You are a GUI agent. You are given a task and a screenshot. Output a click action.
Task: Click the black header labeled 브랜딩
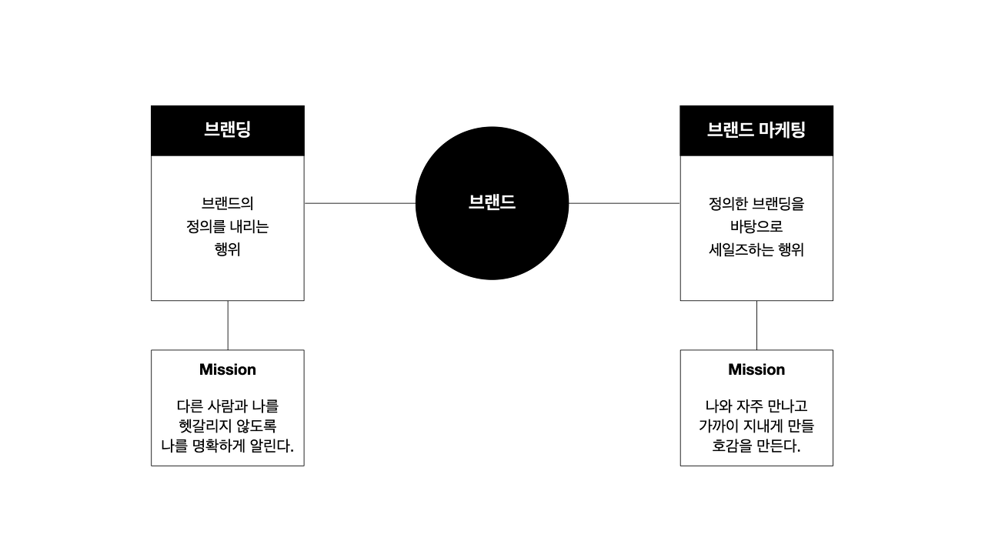pos(227,131)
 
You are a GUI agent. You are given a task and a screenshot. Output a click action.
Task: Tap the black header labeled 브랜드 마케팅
pos(756,131)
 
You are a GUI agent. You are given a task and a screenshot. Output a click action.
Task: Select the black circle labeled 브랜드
pos(492,203)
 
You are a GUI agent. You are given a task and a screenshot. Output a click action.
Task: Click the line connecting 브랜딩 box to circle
pos(359,203)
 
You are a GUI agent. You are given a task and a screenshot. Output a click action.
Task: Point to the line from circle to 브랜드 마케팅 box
pos(624,203)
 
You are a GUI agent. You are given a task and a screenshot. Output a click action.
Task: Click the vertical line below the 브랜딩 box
pos(228,326)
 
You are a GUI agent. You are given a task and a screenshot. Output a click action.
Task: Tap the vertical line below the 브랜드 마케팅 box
pos(756,326)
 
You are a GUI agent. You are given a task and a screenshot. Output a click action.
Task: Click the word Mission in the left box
pos(227,369)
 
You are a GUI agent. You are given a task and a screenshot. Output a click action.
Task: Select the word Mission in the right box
pos(756,369)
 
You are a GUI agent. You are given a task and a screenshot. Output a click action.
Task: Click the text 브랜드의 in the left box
pos(227,203)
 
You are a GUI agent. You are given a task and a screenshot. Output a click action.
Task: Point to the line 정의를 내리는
pos(227,226)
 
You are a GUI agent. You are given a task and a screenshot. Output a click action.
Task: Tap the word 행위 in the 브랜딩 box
pos(227,249)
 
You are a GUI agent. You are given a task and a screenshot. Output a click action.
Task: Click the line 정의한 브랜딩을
pos(756,203)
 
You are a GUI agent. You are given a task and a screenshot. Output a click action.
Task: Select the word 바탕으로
pos(756,226)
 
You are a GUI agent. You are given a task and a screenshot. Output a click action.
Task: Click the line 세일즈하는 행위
pos(756,249)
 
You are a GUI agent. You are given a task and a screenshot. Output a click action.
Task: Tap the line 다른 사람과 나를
pos(227,406)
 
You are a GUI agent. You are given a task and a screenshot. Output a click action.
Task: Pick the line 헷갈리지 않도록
pos(227,426)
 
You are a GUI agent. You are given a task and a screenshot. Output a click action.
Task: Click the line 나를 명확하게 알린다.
pos(227,446)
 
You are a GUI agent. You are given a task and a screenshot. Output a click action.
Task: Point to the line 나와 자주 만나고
pos(756,406)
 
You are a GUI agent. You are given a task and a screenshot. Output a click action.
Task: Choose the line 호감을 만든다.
pos(756,446)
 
